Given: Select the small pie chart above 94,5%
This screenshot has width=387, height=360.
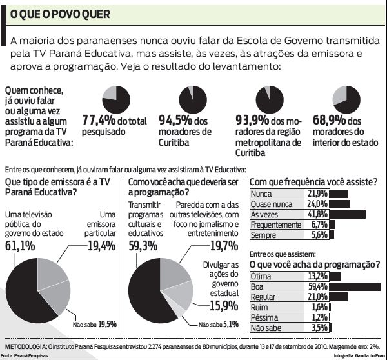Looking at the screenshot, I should tap(193, 99).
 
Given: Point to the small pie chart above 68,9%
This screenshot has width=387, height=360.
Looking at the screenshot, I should tap(346, 99).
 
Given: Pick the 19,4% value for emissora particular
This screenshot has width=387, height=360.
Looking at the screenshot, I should tap(102, 246).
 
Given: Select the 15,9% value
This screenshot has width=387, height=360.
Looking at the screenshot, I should tap(224, 306).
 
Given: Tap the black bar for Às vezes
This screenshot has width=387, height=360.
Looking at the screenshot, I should tap(347, 214).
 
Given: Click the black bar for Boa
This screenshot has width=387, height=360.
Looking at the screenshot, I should tap(355, 286).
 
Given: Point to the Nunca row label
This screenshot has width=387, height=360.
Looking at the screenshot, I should tap(261, 194).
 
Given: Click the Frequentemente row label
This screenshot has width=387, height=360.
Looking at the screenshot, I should tap(275, 225).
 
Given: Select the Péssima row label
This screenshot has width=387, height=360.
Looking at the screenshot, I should tap(264, 317).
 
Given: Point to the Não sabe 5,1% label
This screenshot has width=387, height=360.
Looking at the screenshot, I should tap(219, 325).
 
